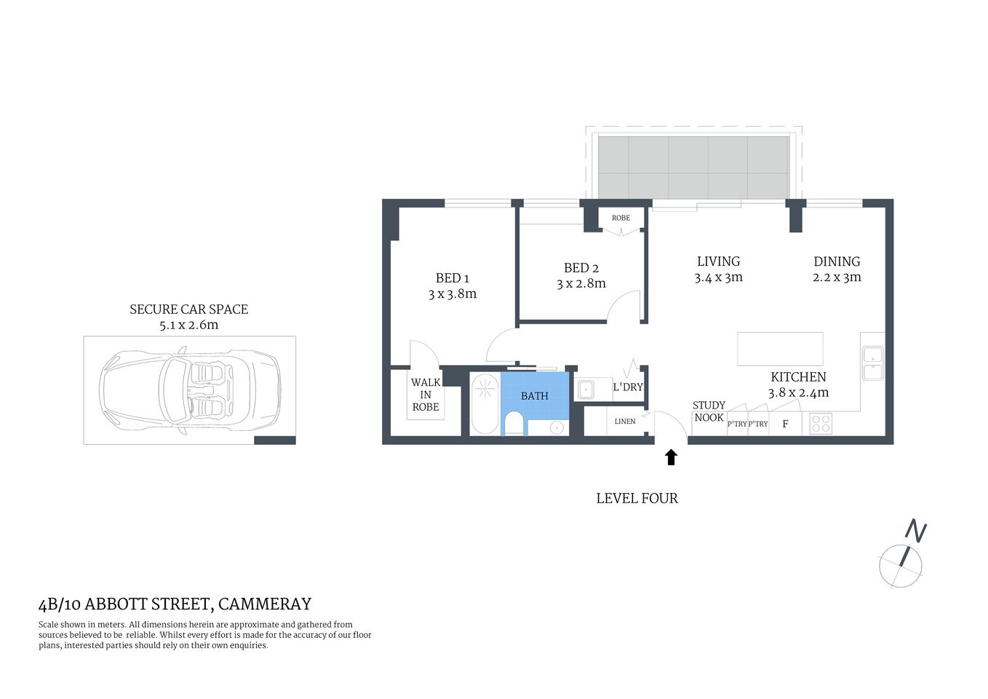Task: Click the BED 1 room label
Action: coord(452,278)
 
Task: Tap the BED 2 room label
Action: coord(581,268)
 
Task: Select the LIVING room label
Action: coord(718,261)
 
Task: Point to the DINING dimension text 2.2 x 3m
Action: coord(837,277)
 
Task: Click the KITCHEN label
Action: coord(798,376)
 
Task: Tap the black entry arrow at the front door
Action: coord(671,457)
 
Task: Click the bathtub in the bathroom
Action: coord(484,403)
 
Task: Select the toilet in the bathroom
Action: coord(514,423)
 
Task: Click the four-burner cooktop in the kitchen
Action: coord(821,424)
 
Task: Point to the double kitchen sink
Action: coord(872,363)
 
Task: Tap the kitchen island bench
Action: coord(780,349)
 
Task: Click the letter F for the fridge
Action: coord(785,424)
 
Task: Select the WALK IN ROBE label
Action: coord(426,395)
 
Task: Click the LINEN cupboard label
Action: coord(625,422)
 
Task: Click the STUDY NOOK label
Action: coord(709,411)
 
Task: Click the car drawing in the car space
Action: coord(189,390)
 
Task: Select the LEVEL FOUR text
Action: coord(637,499)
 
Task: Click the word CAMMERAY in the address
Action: coord(265,604)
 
